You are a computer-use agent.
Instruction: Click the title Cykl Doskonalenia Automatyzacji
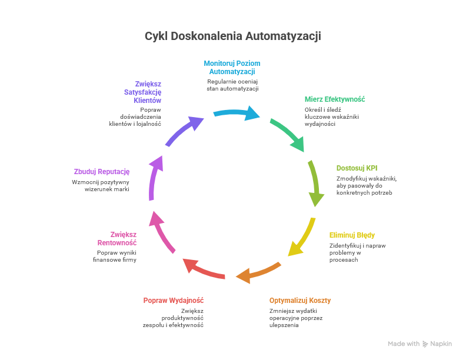[x=233, y=36]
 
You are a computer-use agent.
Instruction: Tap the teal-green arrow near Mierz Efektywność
[x=288, y=134]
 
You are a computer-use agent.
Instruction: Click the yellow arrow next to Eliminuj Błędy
[x=301, y=237]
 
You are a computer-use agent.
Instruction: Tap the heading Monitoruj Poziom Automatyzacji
[x=232, y=67]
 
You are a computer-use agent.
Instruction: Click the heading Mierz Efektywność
[x=335, y=99]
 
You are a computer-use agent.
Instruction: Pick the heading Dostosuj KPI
[x=357, y=168]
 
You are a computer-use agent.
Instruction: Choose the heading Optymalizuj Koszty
[x=300, y=300]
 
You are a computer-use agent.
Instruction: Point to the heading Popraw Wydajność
[x=174, y=300]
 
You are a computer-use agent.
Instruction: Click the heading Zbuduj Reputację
[x=102, y=171]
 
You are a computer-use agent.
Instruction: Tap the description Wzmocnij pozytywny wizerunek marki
[x=100, y=186]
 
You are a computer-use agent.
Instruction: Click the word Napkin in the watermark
[x=441, y=344]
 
